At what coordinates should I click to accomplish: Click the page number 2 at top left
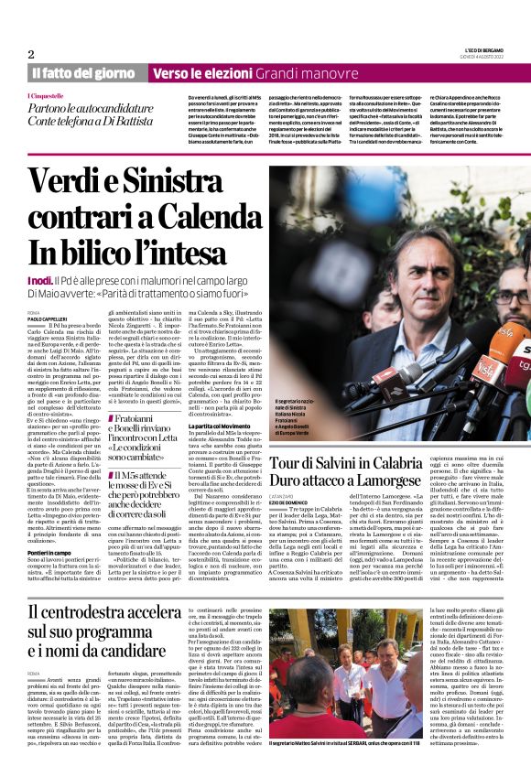coord(31,54)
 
